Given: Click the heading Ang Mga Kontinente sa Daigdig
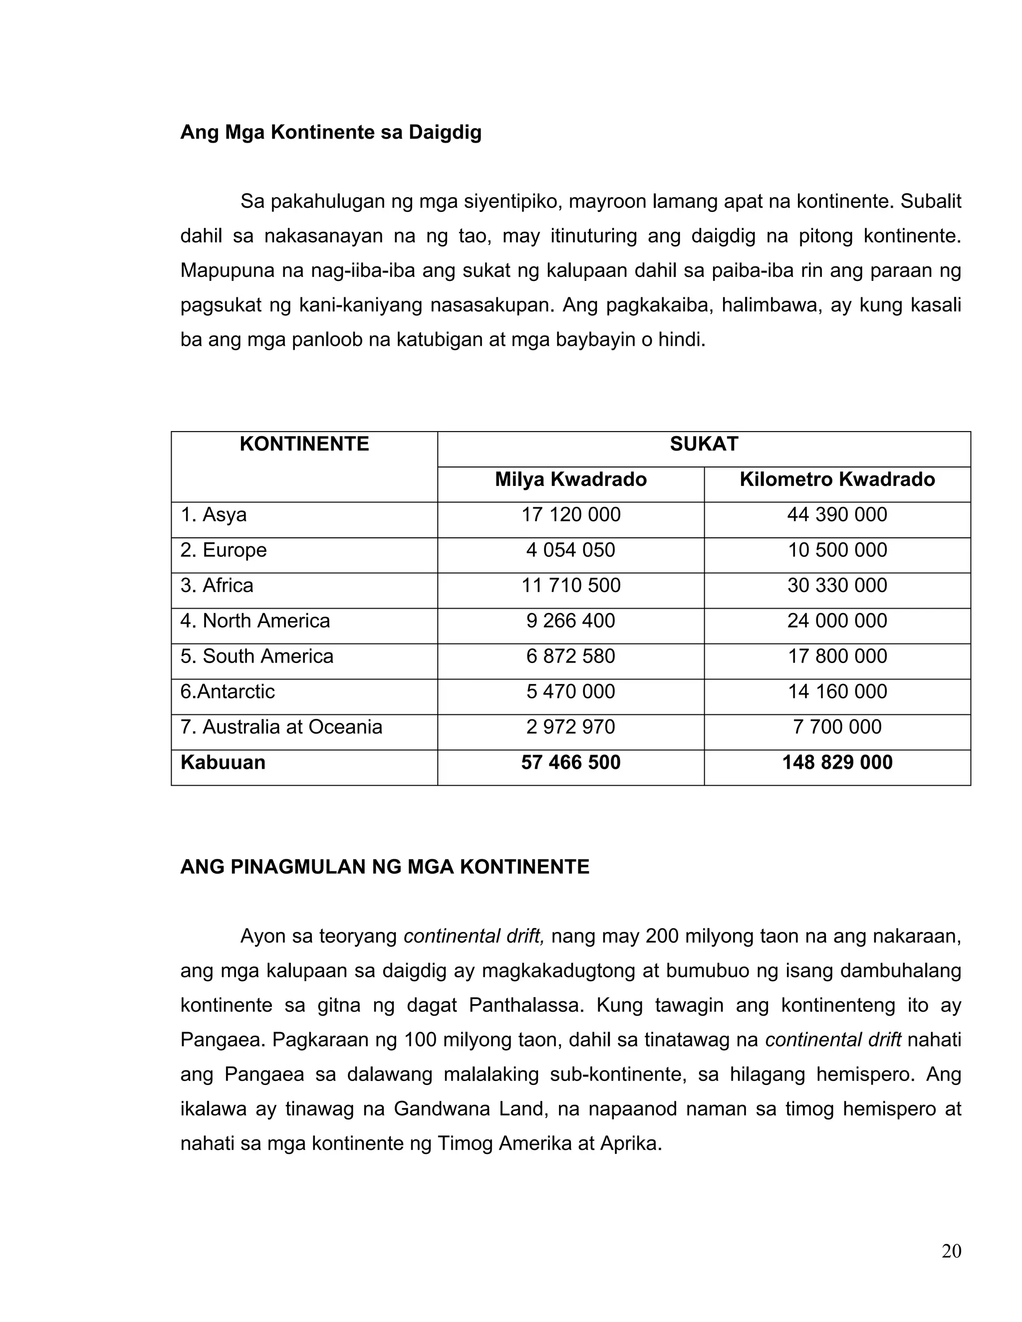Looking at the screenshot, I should [330, 132].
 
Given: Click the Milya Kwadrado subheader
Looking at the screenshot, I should [570, 479].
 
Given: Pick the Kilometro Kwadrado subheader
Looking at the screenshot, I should [837, 479].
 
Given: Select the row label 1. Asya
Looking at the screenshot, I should [214, 514].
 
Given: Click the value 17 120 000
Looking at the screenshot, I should [570, 514].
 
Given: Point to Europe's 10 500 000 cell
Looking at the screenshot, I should [837, 550].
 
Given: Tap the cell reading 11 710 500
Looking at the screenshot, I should [570, 585].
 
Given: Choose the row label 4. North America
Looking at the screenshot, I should [255, 621].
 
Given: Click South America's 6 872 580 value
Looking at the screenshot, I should [570, 656].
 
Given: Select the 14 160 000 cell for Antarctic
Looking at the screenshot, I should [837, 692].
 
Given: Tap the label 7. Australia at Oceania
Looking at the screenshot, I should [281, 727].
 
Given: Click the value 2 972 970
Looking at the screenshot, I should [570, 727].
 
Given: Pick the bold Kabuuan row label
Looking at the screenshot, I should [223, 763].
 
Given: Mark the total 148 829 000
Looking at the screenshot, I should [837, 763].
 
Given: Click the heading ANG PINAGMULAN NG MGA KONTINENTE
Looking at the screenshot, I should [384, 867].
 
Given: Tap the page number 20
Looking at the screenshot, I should [951, 1251].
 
